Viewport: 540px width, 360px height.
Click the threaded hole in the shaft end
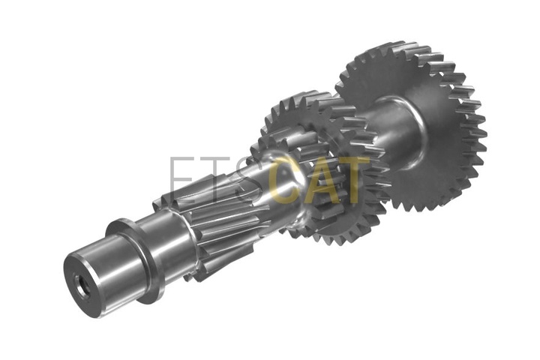click(82, 286)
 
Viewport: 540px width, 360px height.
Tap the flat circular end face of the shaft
click(81, 285)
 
